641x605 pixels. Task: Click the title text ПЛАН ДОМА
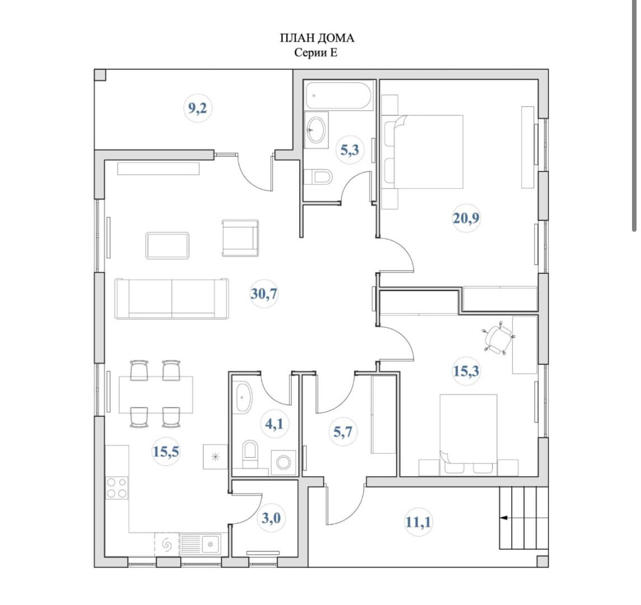(x=317, y=38)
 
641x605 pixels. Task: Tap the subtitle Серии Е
(x=317, y=53)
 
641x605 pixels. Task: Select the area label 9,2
(x=198, y=108)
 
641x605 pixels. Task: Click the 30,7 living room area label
(x=264, y=294)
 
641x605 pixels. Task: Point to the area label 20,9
(x=466, y=218)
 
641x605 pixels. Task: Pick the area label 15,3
(x=466, y=371)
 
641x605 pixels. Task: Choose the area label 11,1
(x=418, y=522)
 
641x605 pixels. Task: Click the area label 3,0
(x=271, y=518)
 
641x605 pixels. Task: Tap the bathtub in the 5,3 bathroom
(x=339, y=96)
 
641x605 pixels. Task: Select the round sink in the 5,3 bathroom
(x=316, y=130)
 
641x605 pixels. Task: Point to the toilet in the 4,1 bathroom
(x=250, y=452)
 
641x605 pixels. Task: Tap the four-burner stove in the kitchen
(x=116, y=487)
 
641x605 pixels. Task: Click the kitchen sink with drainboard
(x=200, y=543)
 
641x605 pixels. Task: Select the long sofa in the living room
(x=171, y=299)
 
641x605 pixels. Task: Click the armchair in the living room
(x=240, y=238)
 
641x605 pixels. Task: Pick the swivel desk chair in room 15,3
(x=497, y=339)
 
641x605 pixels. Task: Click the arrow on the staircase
(x=504, y=518)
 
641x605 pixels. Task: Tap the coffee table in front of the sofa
(x=167, y=245)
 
